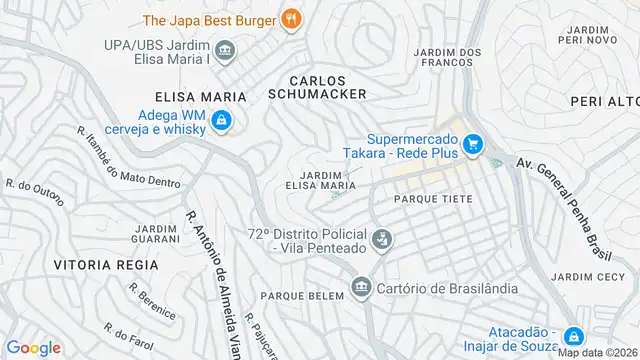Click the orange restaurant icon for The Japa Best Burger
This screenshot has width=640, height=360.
click(291, 17)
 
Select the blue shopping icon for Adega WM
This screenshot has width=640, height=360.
click(224, 124)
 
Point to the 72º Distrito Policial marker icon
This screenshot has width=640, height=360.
click(381, 239)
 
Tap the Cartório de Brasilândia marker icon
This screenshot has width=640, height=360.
click(359, 289)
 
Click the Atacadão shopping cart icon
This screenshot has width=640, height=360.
click(574, 338)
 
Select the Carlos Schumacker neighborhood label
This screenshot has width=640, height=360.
click(318, 86)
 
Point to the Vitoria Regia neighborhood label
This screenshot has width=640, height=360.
click(106, 264)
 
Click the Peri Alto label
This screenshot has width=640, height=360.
click(605, 103)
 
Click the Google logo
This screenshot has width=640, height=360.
click(33, 347)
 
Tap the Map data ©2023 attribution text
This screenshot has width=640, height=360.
click(597, 352)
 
